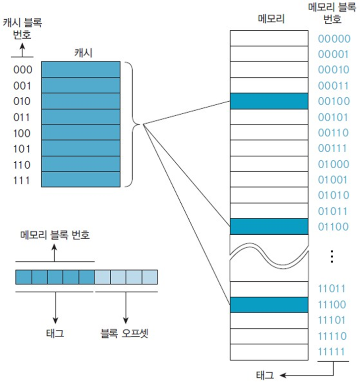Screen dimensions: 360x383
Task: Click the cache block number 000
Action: (22, 69)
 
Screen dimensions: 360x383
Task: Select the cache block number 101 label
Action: (22, 149)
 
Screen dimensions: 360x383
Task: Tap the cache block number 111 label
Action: (22, 181)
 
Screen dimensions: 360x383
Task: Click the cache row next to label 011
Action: (80, 117)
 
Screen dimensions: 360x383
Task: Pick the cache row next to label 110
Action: (80, 164)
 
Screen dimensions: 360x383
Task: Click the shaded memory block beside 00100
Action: (270, 102)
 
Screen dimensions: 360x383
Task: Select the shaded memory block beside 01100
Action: (270, 227)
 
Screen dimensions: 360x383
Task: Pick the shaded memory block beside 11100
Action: (270, 305)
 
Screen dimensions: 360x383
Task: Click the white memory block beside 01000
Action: (270, 164)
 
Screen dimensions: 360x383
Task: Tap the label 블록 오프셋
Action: (126, 334)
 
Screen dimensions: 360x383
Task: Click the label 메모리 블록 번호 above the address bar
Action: (55, 235)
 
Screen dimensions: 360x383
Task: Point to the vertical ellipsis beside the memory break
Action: (333, 256)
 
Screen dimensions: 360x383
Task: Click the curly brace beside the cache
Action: (133, 124)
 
